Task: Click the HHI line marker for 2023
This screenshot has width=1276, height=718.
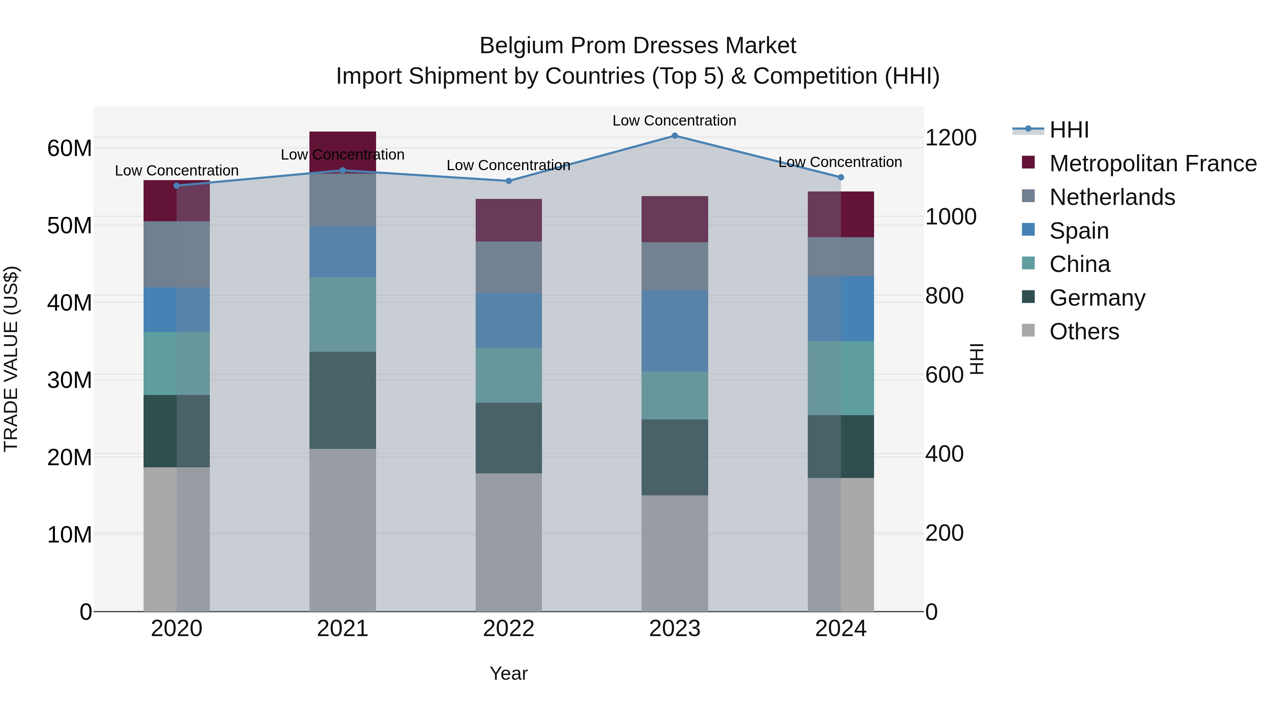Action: (x=675, y=136)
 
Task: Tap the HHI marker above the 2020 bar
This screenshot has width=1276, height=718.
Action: (x=177, y=186)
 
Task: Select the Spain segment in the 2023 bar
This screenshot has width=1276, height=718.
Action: (x=675, y=331)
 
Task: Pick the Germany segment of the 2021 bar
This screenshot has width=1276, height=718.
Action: (x=343, y=400)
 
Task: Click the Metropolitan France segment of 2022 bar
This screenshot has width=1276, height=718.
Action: (x=509, y=221)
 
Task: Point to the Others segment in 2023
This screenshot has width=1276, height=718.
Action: (x=675, y=553)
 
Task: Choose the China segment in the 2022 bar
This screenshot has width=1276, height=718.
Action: (x=509, y=375)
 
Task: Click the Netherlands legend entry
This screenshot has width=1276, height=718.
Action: (x=1112, y=197)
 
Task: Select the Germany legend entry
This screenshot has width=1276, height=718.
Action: (x=1097, y=298)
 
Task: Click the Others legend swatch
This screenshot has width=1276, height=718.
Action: (x=1028, y=330)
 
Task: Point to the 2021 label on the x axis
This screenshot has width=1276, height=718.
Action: (x=343, y=629)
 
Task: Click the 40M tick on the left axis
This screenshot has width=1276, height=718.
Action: (x=69, y=303)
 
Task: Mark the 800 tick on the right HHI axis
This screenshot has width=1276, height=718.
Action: (x=944, y=296)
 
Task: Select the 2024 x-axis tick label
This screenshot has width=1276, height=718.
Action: (x=841, y=629)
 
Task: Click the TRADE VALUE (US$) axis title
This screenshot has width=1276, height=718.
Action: (x=11, y=359)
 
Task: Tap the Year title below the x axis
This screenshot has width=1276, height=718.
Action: (x=509, y=673)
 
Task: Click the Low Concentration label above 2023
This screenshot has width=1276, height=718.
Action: (x=674, y=121)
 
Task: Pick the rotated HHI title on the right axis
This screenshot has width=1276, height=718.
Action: (x=976, y=359)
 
